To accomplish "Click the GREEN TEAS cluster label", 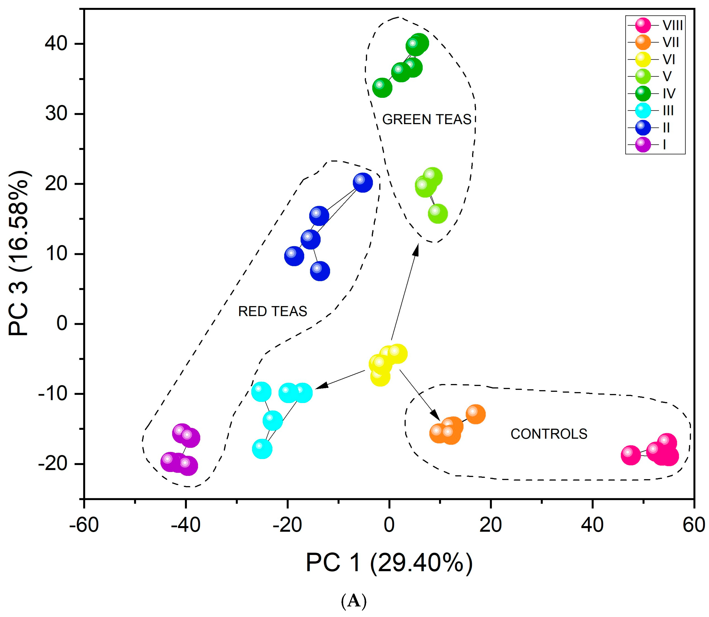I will (426, 119).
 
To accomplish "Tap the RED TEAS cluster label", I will (272, 311).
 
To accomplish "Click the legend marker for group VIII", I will (642, 25).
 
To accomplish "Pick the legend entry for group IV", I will (669, 93).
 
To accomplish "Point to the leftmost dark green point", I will (382, 88).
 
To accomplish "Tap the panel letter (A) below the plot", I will (354, 601).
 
